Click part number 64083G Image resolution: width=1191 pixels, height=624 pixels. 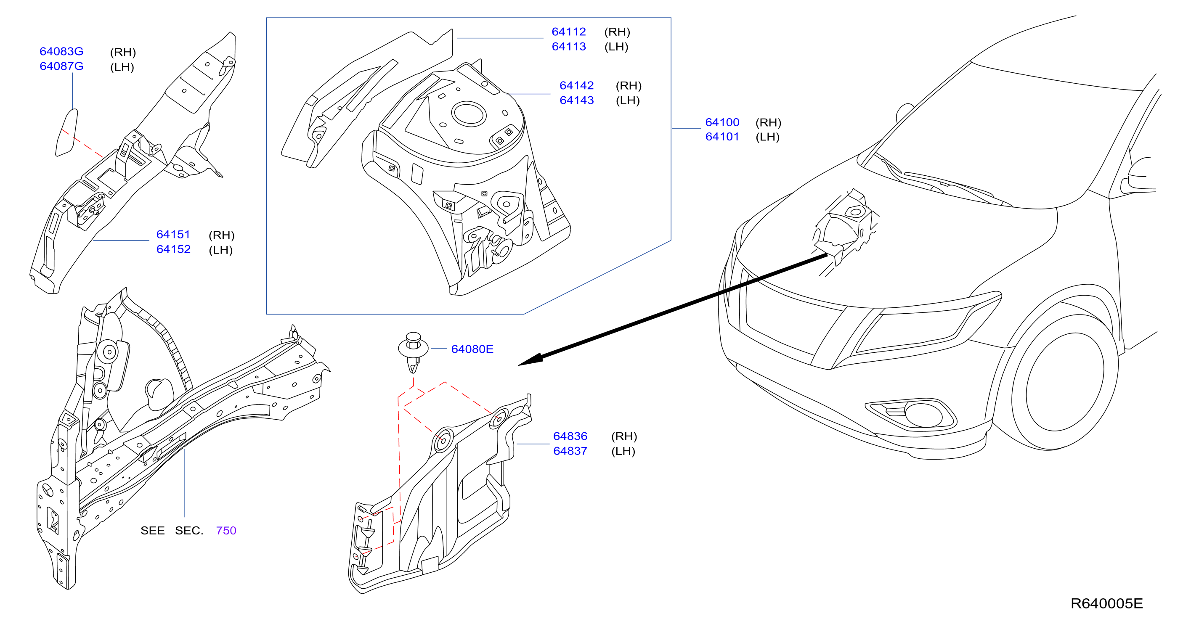point(61,51)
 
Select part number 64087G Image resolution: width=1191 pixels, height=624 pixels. point(61,66)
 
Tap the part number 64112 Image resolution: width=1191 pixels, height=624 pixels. point(569,32)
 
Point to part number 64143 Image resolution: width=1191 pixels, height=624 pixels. point(576,100)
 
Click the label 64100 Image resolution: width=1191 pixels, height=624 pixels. point(722,122)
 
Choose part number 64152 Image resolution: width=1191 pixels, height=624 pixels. point(173,250)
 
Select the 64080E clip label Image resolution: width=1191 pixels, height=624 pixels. point(472,349)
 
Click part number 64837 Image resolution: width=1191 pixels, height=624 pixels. point(570,451)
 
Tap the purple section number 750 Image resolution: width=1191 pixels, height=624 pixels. point(226,531)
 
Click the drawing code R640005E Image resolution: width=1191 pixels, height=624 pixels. point(1106,603)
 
